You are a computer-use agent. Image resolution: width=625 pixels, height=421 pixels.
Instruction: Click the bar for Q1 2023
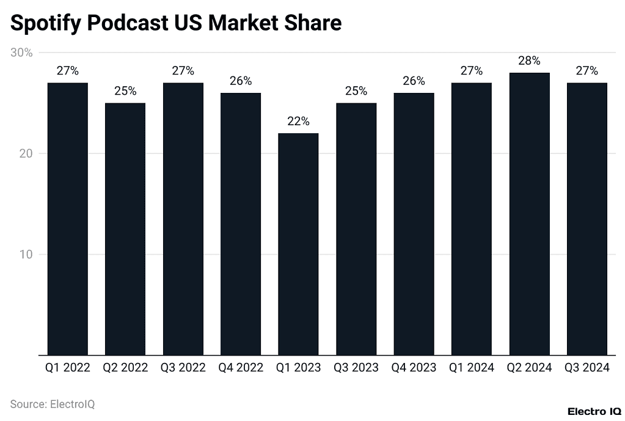point(298,244)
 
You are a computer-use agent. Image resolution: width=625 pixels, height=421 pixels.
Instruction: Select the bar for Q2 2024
point(529,214)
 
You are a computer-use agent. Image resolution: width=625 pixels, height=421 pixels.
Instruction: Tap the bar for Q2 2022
point(125,229)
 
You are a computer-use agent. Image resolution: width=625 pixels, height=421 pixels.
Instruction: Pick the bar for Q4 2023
point(414,224)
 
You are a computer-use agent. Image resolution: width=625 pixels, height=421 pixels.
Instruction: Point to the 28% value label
point(529,60)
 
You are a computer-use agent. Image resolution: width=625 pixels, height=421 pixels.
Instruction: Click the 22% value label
point(298,121)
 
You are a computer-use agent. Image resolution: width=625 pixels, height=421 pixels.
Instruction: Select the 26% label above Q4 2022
point(241,81)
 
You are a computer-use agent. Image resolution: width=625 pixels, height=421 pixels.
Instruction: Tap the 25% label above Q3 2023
point(356,91)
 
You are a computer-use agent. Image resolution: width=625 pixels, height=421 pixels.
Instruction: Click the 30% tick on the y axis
point(22,53)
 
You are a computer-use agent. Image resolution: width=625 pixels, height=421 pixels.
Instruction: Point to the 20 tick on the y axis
point(25,153)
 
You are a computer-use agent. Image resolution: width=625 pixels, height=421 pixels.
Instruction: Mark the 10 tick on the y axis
point(25,254)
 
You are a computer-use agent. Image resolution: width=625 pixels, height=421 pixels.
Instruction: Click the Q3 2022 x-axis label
point(183,368)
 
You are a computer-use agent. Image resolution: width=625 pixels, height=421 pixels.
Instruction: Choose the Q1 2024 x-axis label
point(472,368)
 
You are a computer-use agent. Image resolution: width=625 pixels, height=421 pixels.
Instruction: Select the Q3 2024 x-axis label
point(587,368)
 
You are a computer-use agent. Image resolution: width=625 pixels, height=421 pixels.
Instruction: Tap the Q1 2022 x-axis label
point(67,368)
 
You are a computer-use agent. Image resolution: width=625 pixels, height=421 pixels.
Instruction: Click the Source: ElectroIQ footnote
point(53,404)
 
